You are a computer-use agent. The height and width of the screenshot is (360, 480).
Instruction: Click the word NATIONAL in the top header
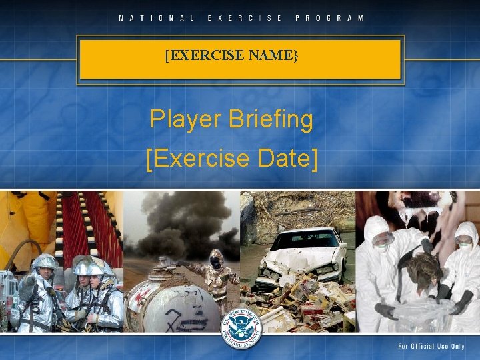pos(157,17)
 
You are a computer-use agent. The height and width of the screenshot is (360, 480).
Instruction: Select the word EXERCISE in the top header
pos(245,17)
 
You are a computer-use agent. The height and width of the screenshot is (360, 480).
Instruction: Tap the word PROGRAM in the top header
pos(330,17)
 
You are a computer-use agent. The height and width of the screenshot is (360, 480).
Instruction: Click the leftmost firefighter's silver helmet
pos(45,261)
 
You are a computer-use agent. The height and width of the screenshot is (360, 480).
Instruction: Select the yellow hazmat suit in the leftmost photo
pos(27,227)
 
